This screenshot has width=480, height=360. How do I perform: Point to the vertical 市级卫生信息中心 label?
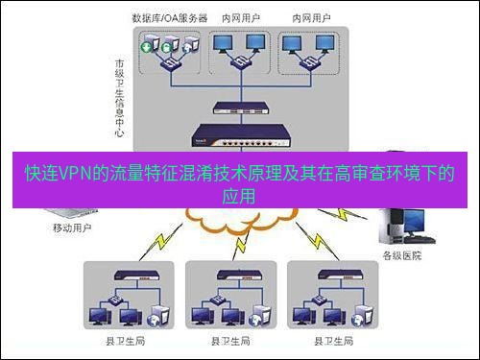tap(118, 96)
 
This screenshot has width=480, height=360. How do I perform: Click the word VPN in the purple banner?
tap(77, 176)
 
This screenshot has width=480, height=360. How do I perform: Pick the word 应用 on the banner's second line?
tap(240, 197)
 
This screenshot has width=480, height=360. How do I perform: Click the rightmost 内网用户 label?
tap(307, 18)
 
